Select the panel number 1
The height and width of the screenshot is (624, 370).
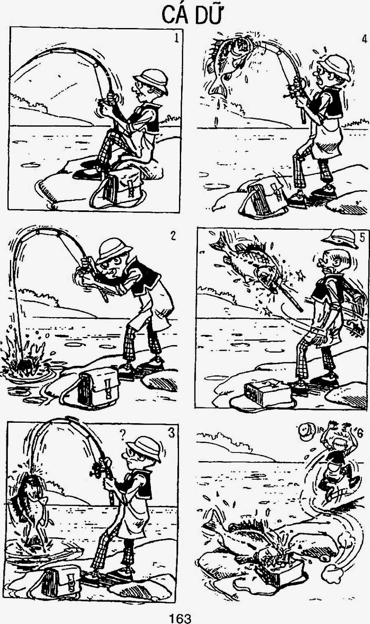coord(176,38)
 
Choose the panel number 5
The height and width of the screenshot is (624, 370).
coord(362,237)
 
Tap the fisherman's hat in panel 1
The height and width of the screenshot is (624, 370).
coord(151,80)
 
